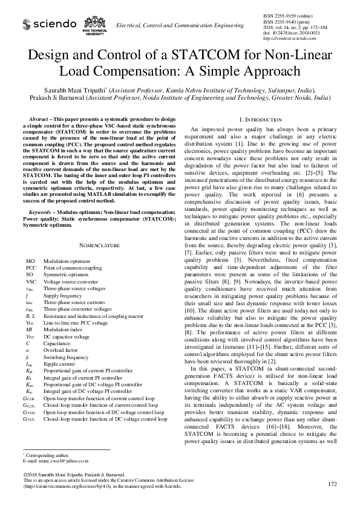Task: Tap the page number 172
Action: pos(332,485)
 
